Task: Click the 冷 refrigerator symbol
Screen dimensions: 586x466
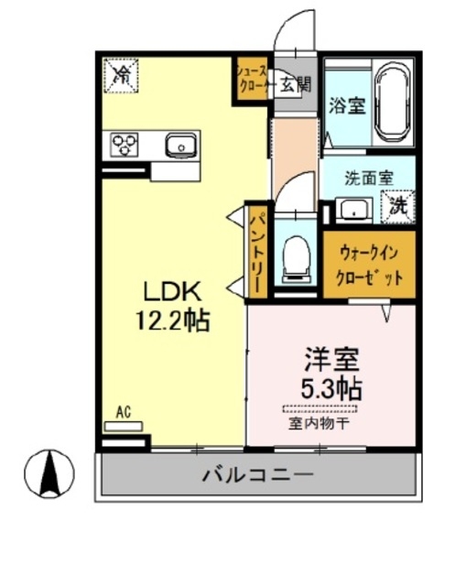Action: (x=121, y=76)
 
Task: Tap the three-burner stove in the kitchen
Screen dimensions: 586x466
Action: (x=125, y=144)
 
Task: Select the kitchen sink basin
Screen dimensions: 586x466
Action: (x=180, y=144)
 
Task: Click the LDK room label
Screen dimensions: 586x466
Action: (x=170, y=292)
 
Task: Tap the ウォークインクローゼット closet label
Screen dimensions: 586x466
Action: (x=369, y=265)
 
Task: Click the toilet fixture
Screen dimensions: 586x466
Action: (x=296, y=256)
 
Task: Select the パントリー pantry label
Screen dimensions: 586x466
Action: (x=257, y=251)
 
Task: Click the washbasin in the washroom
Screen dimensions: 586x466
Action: (x=352, y=210)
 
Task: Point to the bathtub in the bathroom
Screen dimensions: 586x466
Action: (x=395, y=102)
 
